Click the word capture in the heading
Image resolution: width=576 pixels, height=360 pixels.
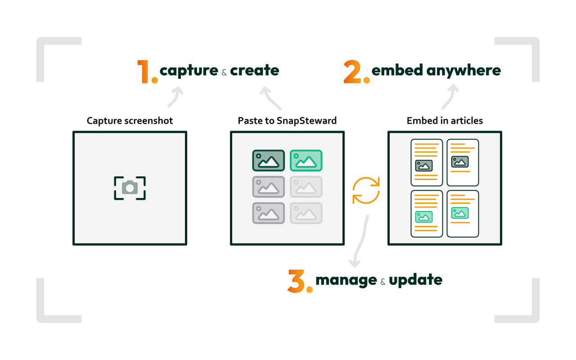189,71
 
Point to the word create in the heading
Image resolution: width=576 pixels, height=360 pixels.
254,71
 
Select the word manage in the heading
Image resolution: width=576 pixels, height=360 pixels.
346,280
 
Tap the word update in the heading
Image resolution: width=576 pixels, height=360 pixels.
415,280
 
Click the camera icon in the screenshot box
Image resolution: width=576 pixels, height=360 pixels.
130,188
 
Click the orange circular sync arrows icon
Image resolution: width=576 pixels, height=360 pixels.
366,190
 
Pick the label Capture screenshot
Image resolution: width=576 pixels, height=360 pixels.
130,121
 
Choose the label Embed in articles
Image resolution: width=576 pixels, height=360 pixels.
445,121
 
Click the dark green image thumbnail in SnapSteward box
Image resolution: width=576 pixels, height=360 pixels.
268,160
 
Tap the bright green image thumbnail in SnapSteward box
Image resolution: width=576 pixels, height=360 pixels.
306,160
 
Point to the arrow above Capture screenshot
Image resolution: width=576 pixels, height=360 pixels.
175,97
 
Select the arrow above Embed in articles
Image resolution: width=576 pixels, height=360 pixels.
450,96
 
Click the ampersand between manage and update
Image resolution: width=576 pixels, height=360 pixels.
383,282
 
